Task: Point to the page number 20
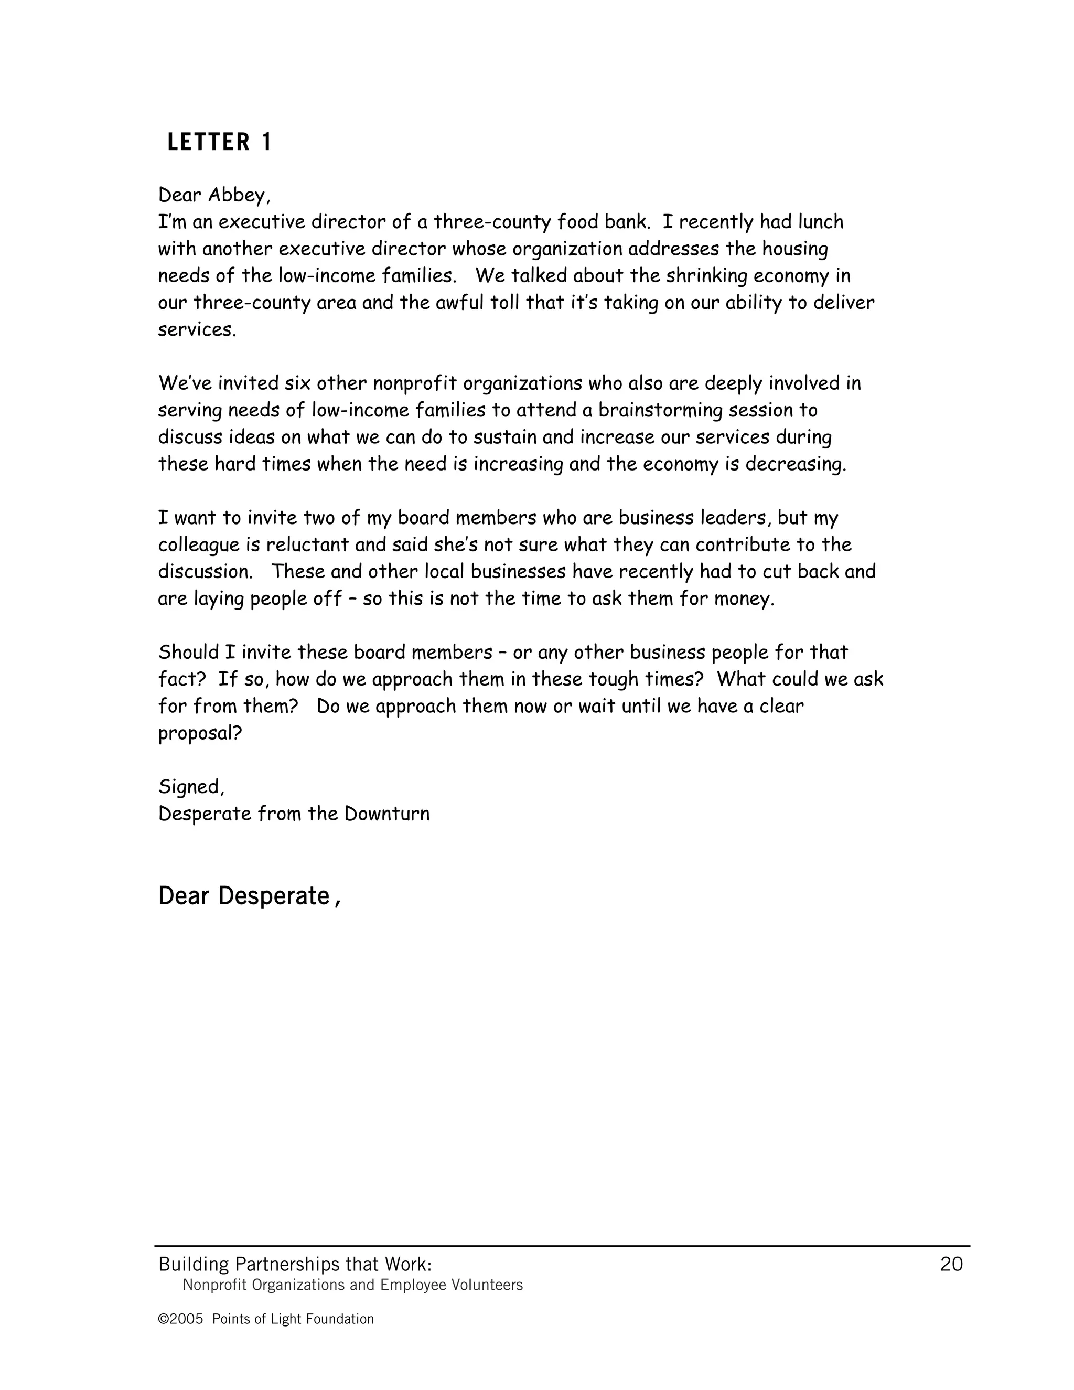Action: point(951,1264)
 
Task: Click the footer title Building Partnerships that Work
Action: point(295,1264)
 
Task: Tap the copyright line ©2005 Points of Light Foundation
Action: point(266,1319)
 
